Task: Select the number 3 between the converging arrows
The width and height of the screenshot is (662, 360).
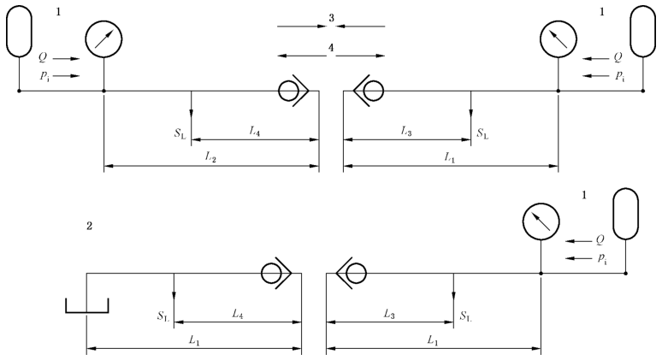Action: point(331,18)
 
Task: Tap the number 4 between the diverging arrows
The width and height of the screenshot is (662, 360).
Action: point(331,47)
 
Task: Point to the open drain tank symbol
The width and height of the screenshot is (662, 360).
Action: point(87,305)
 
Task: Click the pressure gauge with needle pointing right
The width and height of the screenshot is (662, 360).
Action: point(104,38)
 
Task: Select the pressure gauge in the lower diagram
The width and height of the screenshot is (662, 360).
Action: point(541,223)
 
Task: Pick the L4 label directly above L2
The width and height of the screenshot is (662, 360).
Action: point(255,130)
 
